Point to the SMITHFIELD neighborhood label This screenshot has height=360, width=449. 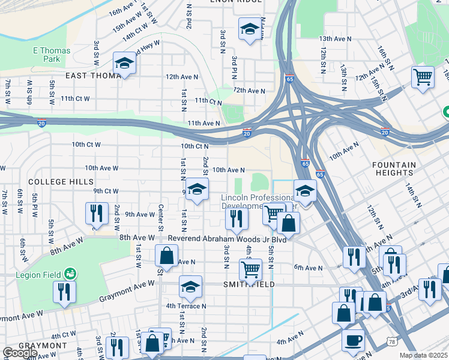click(249, 284)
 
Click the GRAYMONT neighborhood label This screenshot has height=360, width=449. click(43, 346)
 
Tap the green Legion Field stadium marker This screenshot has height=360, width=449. click(71, 274)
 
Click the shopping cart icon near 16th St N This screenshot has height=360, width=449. click(423, 77)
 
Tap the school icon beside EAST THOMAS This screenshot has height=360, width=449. click(124, 62)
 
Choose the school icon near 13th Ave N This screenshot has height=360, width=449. click(249, 29)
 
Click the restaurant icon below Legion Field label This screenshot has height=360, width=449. click(63, 292)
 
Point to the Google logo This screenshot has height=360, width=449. click(20, 353)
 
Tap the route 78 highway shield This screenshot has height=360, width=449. click(390, 341)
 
